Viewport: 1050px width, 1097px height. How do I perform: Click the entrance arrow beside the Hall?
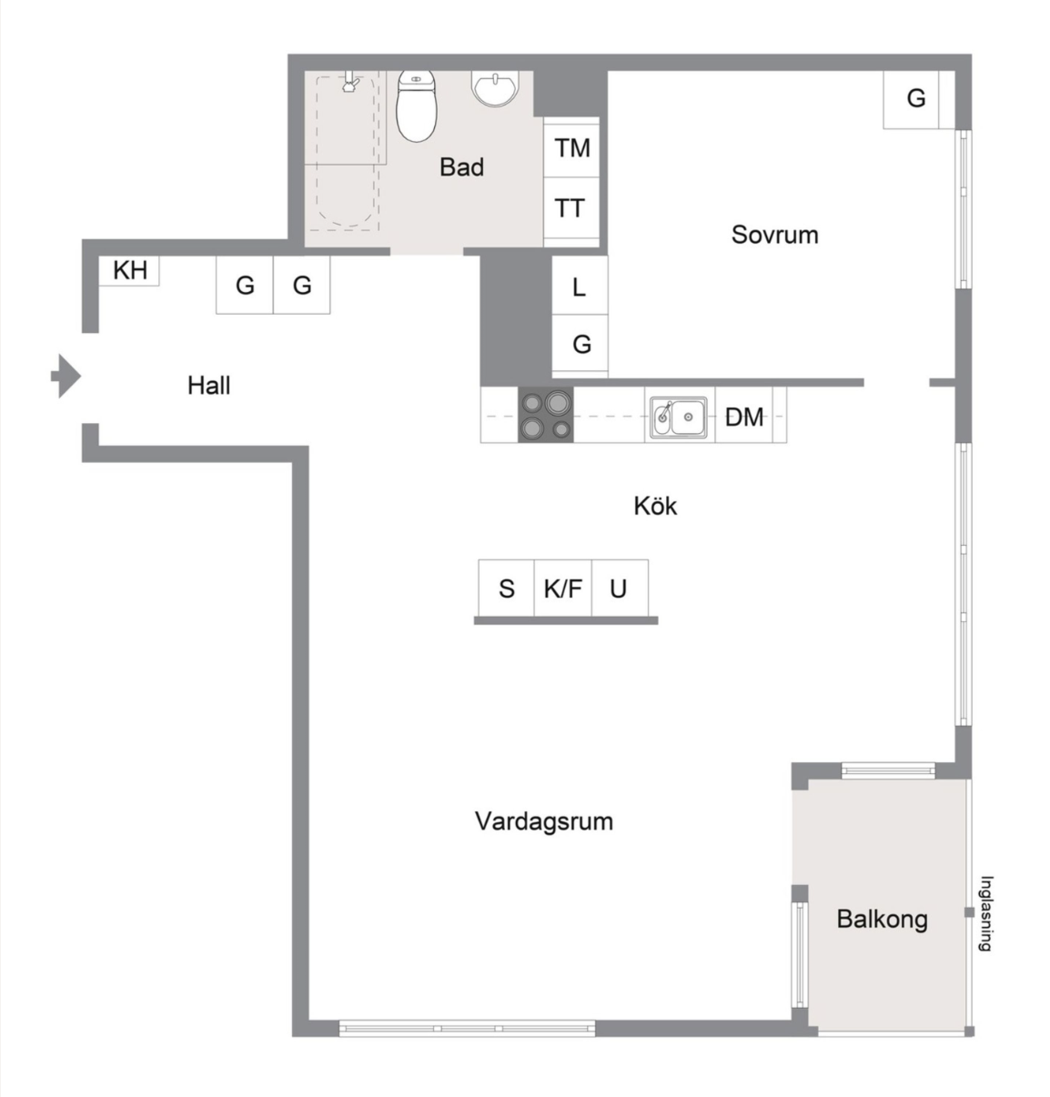click(66, 376)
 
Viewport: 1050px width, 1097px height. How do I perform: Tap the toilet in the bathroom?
click(416, 106)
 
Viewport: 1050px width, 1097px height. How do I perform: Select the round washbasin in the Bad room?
click(495, 89)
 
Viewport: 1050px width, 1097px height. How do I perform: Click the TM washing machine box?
click(571, 147)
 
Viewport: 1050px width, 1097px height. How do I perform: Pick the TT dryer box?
click(571, 208)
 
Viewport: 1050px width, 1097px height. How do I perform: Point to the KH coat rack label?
click(130, 270)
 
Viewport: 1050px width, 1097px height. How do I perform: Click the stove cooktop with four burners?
click(546, 415)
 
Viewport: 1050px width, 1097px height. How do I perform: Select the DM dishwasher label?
click(744, 418)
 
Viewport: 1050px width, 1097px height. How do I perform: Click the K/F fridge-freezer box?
click(563, 588)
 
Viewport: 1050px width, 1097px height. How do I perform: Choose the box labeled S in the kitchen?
click(507, 588)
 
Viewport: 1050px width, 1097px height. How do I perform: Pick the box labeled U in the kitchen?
click(620, 588)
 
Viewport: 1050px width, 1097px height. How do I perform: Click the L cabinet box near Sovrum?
click(580, 286)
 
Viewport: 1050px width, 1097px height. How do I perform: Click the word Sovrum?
click(775, 235)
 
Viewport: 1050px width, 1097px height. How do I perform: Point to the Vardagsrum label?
click(543, 821)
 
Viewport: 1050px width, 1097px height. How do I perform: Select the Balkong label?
click(882, 920)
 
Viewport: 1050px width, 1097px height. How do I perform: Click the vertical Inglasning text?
click(985, 914)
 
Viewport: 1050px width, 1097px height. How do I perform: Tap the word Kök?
click(655, 506)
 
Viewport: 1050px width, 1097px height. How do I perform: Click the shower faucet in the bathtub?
click(350, 81)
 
